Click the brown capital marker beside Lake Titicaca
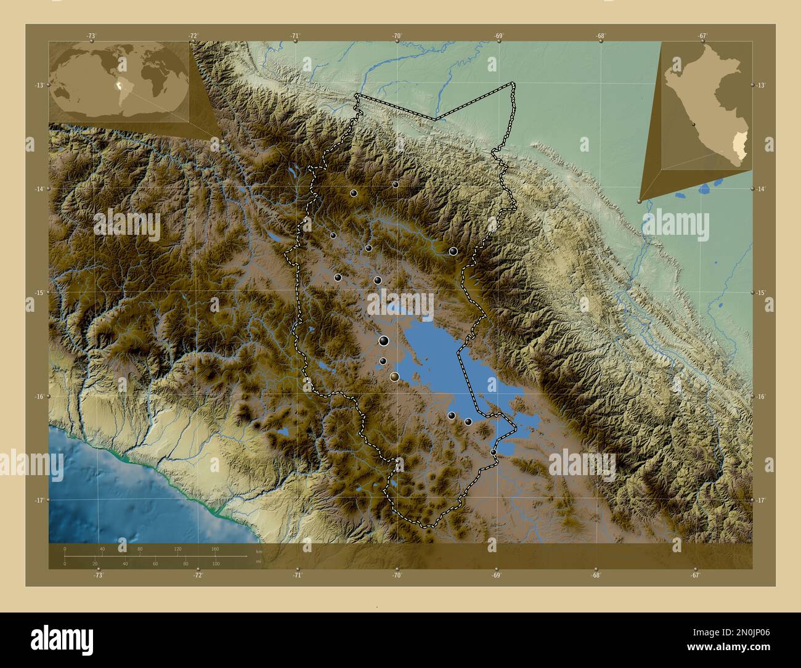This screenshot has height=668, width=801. (x=395, y=376)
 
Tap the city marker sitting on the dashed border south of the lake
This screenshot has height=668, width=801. (x=493, y=452)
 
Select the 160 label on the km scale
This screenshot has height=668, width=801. (x=215, y=548)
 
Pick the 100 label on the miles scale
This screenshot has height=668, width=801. (x=215, y=564)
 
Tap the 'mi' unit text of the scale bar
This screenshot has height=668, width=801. (x=259, y=561)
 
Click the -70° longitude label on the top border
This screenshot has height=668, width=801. (x=397, y=36)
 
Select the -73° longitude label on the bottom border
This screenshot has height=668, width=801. (x=98, y=576)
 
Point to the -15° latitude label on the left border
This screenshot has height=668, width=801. (x=39, y=293)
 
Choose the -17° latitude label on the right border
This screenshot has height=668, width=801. (x=762, y=500)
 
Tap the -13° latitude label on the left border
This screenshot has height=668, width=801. (x=39, y=85)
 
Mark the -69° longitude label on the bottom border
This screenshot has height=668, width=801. (x=496, y=576)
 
